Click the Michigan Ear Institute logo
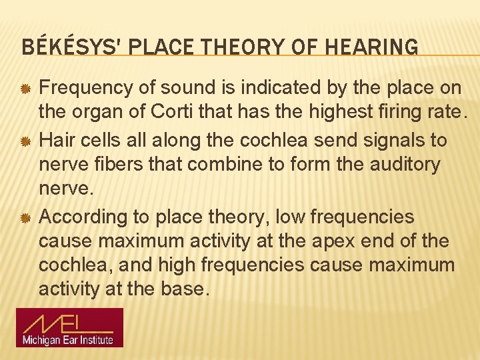(70, 327)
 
